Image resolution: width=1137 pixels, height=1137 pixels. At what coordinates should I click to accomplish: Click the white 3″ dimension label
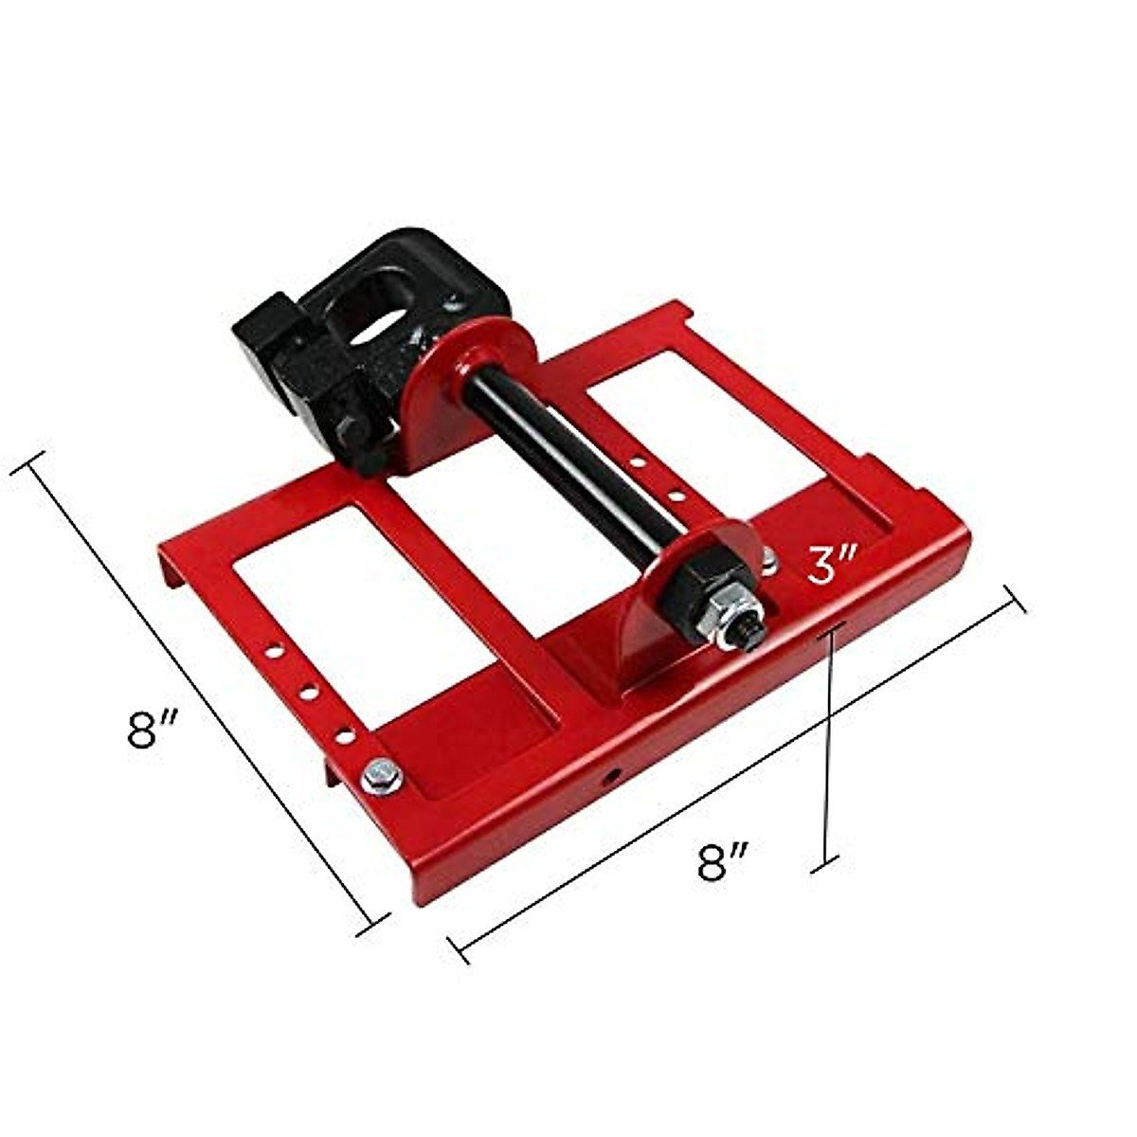832,566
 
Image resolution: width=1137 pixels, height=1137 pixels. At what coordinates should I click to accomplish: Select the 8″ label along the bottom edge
723,863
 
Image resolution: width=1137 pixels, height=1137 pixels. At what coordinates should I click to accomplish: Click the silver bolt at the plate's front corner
381,777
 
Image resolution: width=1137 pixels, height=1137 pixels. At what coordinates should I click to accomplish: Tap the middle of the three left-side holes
309,694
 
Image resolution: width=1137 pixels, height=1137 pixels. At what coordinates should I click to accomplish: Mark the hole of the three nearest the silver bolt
346,735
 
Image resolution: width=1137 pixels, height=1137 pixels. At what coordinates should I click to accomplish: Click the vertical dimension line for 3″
829,739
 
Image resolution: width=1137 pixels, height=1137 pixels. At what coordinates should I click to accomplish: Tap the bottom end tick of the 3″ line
827,861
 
